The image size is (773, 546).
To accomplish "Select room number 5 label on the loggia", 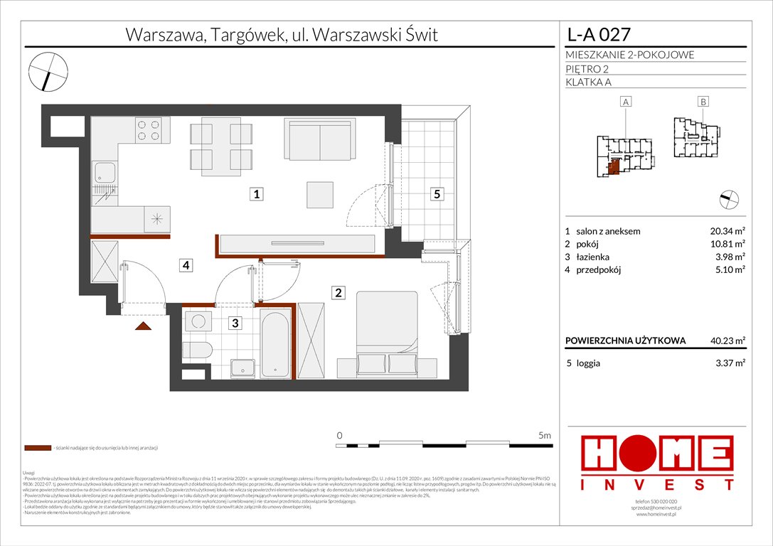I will click(438, 193).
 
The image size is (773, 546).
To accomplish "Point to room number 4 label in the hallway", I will click(185, 265).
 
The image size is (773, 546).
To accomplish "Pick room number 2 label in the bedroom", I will click(339, 291).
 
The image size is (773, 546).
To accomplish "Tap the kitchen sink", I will click(106, 171).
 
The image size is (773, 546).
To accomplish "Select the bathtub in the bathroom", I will click(274, 343).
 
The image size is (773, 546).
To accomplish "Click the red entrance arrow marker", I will click(143, 326).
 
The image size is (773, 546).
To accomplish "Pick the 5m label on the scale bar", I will click(545, 434).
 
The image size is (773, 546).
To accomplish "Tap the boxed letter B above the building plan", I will click(703, 102).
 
